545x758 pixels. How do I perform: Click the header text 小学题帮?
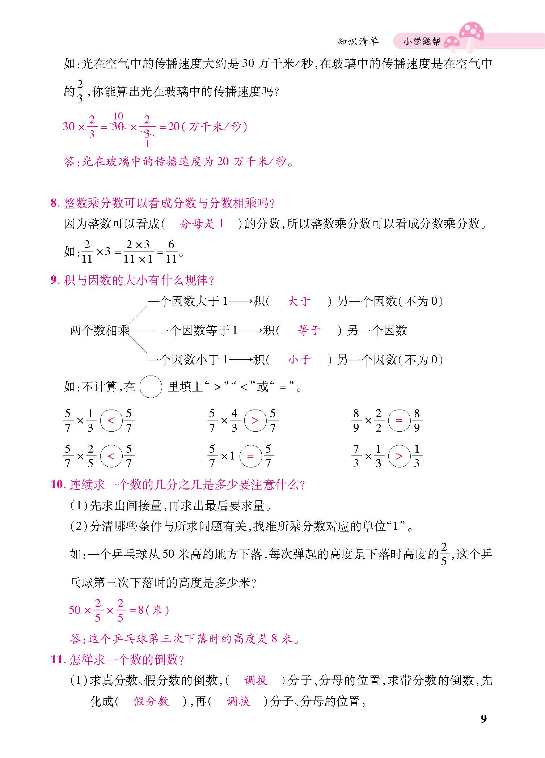coord(422,42)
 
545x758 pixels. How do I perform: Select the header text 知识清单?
coord(358,42)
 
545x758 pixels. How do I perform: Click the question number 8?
coord(54,203)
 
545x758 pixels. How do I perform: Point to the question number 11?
coord(57,660)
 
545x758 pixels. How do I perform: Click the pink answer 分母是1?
coord(202,224)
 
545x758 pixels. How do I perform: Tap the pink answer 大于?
coord(299,301)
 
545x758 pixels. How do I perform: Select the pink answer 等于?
coord(309,330)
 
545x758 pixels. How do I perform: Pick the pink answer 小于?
coord(299,360)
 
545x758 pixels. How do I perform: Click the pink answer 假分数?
coord(151,701)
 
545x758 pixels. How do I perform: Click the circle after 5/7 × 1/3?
coord(111,420)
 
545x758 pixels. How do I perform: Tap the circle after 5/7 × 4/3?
coord(255,420)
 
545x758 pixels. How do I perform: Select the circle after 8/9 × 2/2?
coord(399,420)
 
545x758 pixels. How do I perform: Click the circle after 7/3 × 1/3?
coord(399,456)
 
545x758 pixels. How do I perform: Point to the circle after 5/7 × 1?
coord(250,456)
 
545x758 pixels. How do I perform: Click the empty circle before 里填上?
coord(151,387)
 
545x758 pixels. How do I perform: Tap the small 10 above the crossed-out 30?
coord(118,116)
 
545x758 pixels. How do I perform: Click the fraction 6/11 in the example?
coord(171,251)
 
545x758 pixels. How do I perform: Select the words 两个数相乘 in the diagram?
coord(100,330)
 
